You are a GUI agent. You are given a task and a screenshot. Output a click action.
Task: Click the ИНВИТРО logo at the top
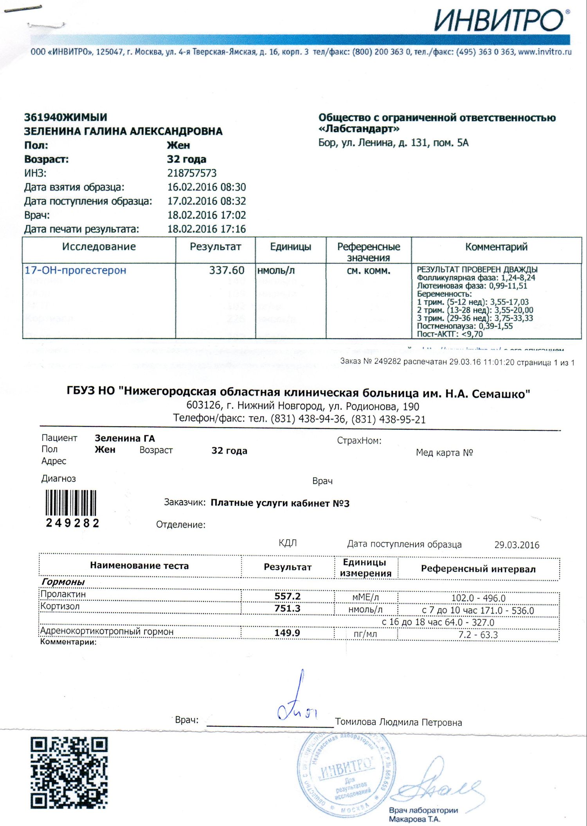pos(501,20)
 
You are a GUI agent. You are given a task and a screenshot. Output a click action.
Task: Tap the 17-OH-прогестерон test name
pos(76,270)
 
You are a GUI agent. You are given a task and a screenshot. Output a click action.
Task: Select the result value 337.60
pos(227,270)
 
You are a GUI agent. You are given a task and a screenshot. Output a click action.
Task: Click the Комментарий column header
pos(496,247)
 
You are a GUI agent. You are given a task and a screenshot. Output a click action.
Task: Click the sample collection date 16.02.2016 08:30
pos(207,187)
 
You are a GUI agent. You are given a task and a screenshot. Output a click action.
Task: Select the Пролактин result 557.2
pos(288,596)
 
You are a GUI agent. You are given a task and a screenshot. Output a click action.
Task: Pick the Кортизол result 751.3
pos(288,608)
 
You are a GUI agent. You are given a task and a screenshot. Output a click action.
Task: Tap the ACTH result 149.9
pos(287,632)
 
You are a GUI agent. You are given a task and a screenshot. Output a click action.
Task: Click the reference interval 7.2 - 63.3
pos(478,634)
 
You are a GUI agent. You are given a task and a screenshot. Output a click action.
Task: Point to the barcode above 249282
pos(71,503)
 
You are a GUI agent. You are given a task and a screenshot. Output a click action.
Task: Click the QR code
pos(69,773)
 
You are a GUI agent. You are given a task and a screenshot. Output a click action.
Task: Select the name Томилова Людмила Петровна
pos(398,722)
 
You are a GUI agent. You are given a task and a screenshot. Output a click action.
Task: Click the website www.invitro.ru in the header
pos(545,52)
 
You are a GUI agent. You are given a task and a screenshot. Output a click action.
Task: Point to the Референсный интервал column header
pos(478,569)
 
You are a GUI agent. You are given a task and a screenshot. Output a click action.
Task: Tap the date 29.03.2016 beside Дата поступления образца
pos(517,545)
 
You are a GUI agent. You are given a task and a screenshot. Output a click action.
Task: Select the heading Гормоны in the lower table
pos(63,582)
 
